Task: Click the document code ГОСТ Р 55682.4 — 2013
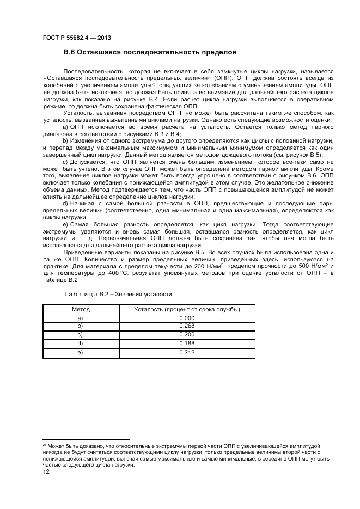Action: click(73, 38)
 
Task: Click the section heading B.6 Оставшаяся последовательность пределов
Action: click(150, 53)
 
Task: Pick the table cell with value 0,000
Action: click(187, 317)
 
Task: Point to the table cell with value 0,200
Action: click(187, 335)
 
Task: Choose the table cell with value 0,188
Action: click(187, 344)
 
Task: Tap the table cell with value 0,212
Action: click(187, 353)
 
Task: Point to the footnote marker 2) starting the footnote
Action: click(45, 445)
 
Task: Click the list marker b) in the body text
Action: click(65, 140)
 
